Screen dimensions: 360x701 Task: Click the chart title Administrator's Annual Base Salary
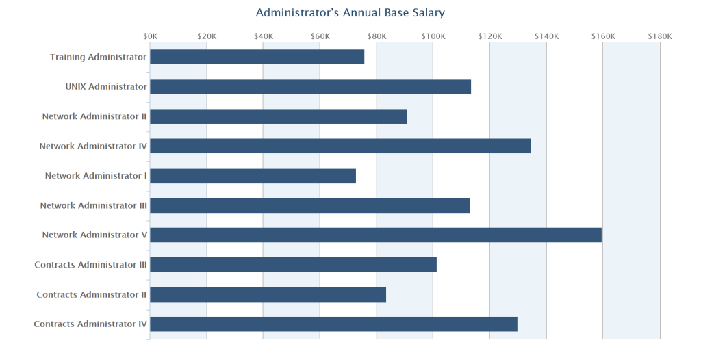350,13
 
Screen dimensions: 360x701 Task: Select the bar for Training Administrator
257,57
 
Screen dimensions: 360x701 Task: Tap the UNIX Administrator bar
310,87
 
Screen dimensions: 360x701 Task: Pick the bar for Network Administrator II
279,116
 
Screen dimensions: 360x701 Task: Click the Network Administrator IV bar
340,146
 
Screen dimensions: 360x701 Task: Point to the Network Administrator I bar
253,176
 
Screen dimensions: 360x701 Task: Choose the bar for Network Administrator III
309,205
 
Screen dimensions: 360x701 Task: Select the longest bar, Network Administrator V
376,235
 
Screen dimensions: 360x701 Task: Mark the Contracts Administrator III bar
293,265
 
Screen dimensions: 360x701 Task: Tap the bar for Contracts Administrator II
268,294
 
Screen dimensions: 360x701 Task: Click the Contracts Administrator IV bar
333,324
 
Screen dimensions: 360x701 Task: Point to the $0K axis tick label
151,36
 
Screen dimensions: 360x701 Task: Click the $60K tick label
320,36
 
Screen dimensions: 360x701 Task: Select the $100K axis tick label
433,36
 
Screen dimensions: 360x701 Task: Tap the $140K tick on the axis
546,36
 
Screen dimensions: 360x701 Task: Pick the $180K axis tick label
660,36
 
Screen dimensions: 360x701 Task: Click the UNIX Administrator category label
106,87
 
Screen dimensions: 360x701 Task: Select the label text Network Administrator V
94,235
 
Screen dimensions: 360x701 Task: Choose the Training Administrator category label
99,57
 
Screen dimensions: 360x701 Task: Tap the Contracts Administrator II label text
92,294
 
